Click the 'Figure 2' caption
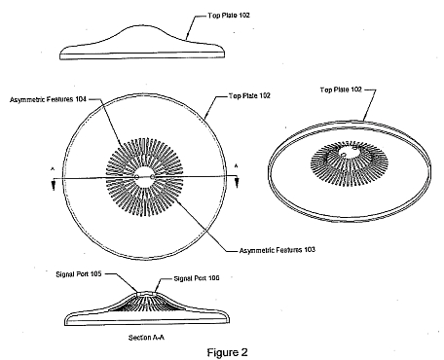tap(227, 352)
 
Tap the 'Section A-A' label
tap(146, 338)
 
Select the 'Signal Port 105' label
tap(79, 274)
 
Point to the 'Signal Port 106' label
tap(197, 278)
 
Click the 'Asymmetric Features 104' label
tap(48, 99)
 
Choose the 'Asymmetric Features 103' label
tap(277, 250)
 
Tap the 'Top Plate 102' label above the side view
tap(229, 16)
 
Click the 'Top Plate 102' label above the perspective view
tap(341, 90)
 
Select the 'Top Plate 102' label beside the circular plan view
tap(249, 95)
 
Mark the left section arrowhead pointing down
tap(54, 186)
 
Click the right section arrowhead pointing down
tap(237, 183)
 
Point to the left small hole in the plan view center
tap(137, 177)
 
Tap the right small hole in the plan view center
tap(152, 177)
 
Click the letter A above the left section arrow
tap(53, 168)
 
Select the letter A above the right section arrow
tap(237, 166)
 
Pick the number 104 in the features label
tap(81, 99)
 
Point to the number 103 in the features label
tap(310, 250)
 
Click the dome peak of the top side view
tap(139, 25)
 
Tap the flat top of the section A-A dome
tap(146, 292)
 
